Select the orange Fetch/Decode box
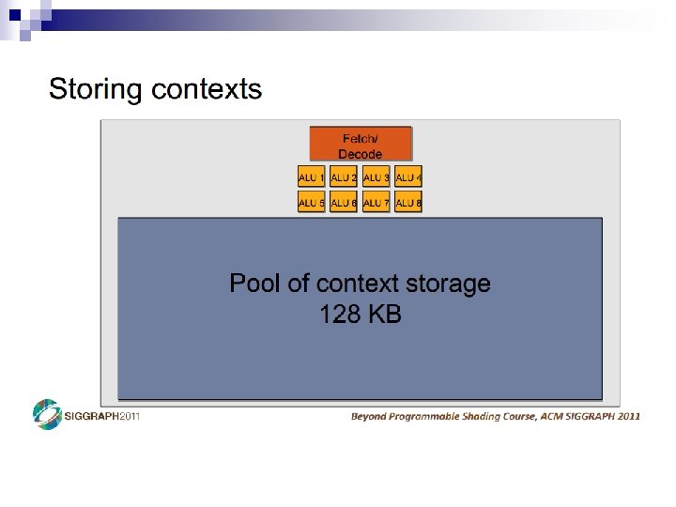(361, 145)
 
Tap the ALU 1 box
(311, 177)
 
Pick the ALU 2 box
(344, 177)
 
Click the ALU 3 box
(376, 177)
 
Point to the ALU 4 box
(408, 177)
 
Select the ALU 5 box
(311, 202)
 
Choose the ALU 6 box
(344, 202)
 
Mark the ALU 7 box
(376, 202)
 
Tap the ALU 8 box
(408, 202)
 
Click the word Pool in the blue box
(254, 284)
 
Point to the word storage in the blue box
(446, 284)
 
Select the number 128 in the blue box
(340, 315)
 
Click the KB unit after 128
(385, 315)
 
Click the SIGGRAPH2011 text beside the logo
(101, 416)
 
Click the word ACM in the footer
(552, 415)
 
